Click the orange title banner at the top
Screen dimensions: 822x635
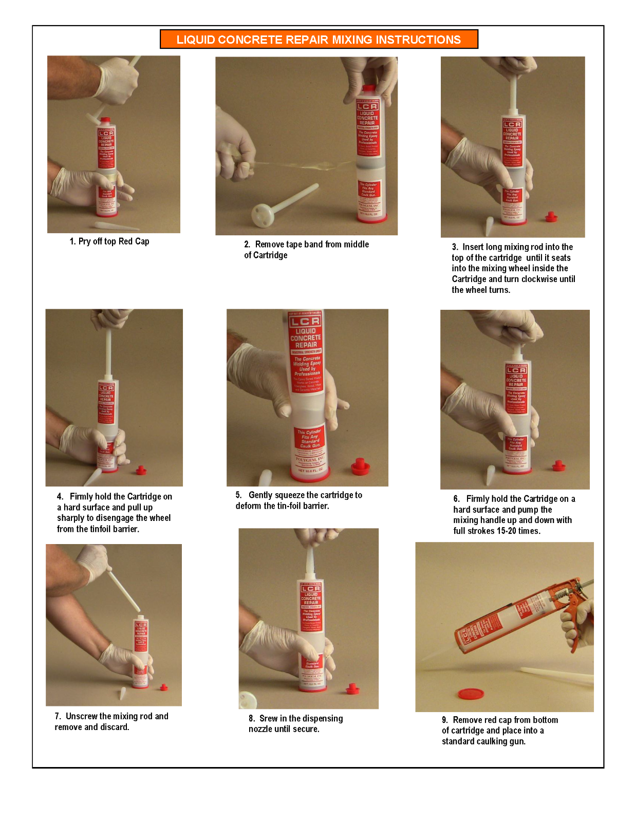point(319,39)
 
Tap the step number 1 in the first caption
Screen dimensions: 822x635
point(72,241)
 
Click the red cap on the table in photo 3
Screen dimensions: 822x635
point(551,216)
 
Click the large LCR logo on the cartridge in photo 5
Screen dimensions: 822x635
point(305,322)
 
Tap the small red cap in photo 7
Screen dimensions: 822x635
point(164,687)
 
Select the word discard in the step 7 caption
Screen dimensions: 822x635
point(114,727)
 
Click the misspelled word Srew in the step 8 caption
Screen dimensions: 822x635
point(268,718)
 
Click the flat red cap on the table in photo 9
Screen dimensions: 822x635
point(471,694)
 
